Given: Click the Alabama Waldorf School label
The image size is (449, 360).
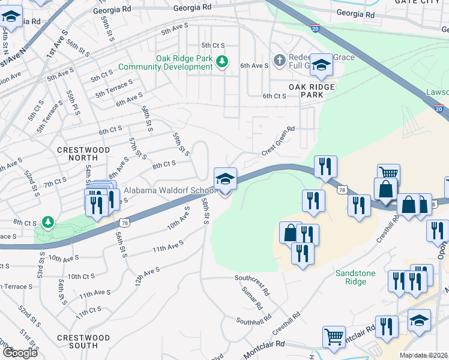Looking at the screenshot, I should [x=169, y=191].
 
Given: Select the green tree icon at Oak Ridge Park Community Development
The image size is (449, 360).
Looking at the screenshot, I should [x=222, y=61].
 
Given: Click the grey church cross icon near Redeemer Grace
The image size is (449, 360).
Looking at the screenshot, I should [x=279, y=61].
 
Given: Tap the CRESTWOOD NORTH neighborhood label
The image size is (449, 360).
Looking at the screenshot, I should [x=83, y=154].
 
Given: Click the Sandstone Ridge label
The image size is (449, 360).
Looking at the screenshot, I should [x=355, y=277].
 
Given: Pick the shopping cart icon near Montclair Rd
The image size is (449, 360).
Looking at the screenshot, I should [x=334, y=336].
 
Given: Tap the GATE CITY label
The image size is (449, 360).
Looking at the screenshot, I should [x=421, y=2].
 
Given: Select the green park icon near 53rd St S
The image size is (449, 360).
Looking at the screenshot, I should [x=47, y=223].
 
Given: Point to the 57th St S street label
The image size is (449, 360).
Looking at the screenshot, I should [x=137, y=148].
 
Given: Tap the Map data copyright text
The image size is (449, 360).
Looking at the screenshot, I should [x=423, y=355].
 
